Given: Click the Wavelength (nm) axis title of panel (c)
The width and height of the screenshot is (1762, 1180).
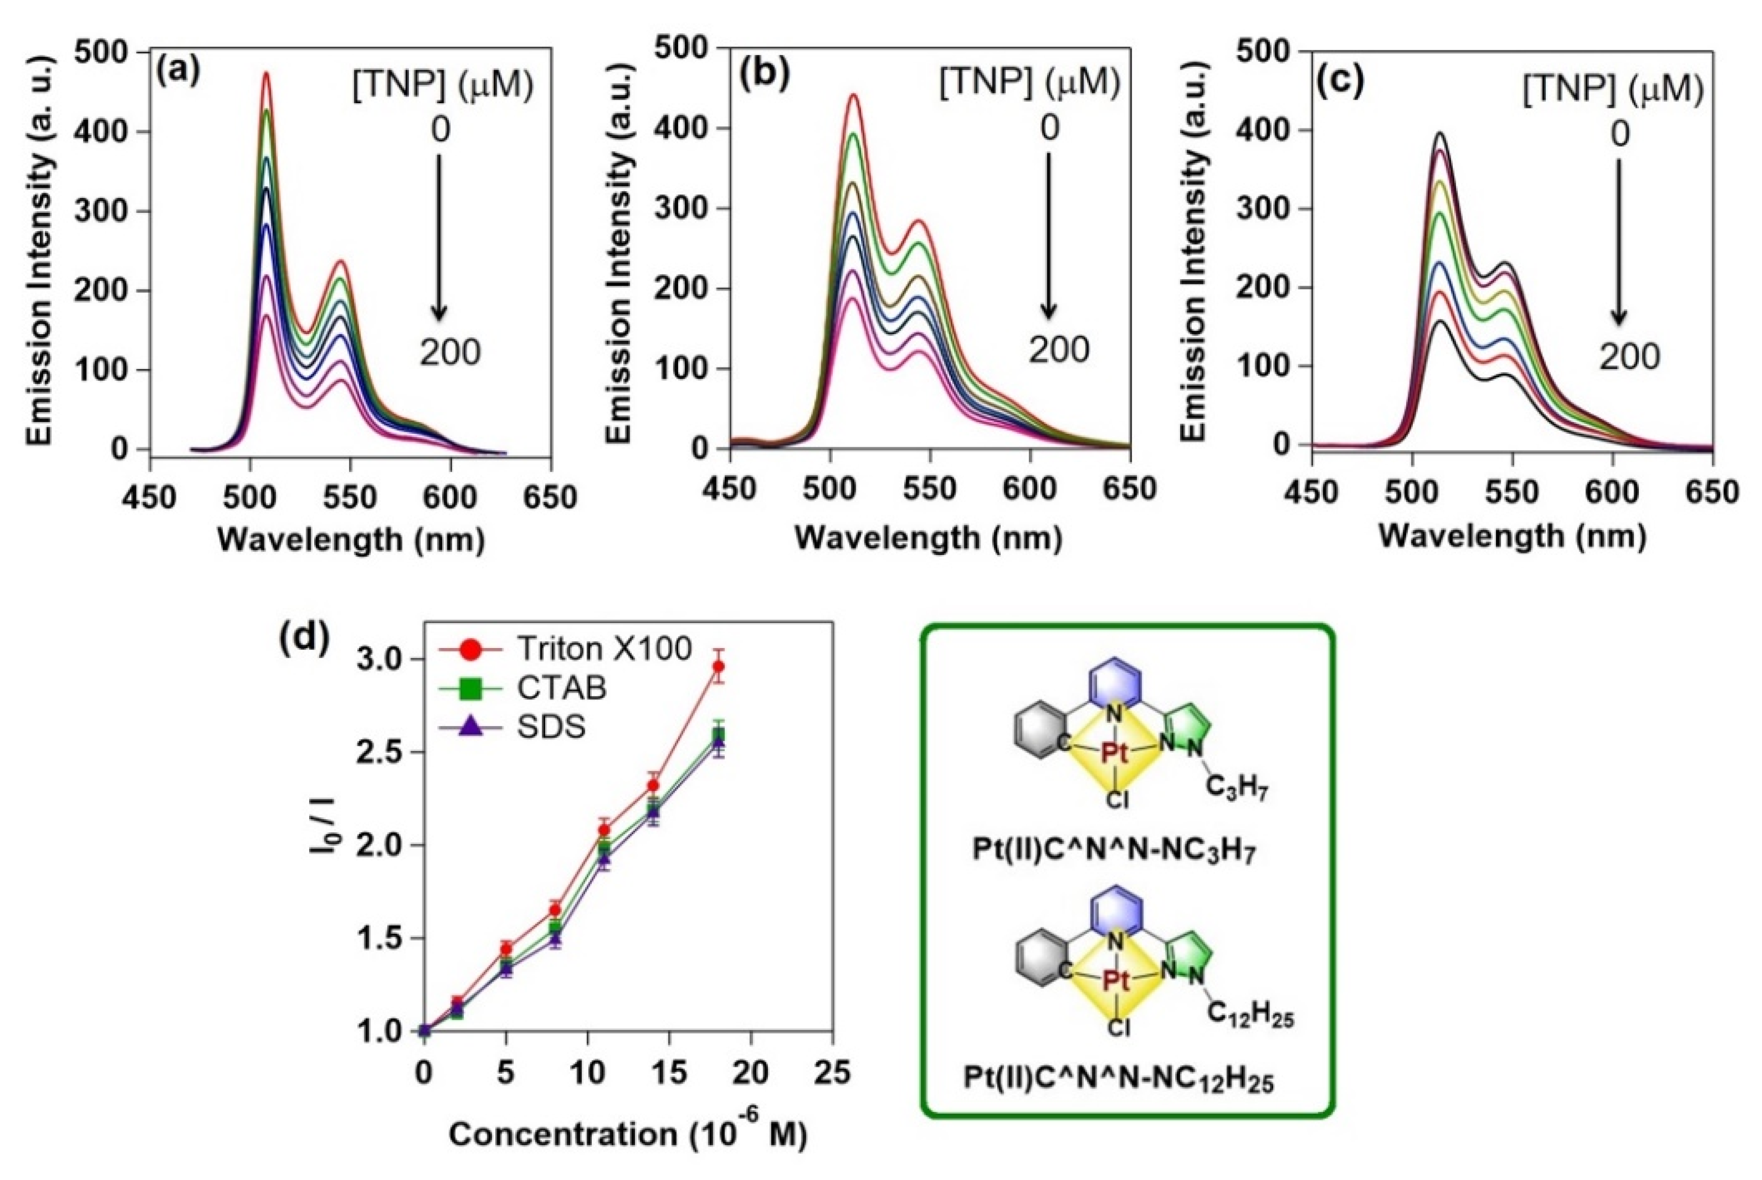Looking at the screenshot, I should [x=1513, y=536].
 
